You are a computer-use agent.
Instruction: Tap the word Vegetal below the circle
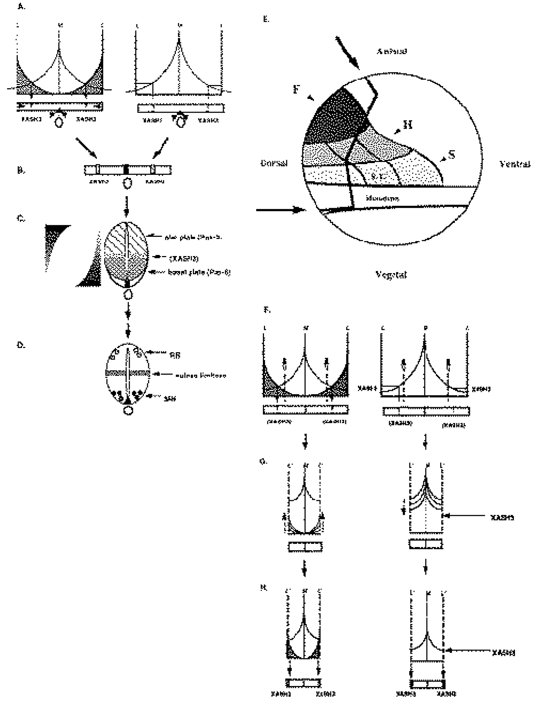coord(391,275)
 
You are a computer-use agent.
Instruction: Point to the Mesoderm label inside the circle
coord(382,198)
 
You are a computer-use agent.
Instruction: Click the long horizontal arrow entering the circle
coord(280,210)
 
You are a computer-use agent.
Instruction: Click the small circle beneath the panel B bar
coord(128,183)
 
